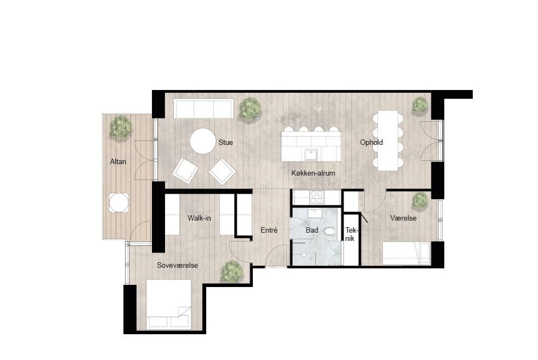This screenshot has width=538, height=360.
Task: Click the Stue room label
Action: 225,143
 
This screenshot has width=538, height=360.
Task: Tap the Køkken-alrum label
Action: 313,173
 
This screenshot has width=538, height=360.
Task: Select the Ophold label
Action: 371,143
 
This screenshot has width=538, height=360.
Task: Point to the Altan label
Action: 118,162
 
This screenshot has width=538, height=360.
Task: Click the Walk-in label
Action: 200,218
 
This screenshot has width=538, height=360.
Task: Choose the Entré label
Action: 269,230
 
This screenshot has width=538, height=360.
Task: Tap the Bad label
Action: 312,230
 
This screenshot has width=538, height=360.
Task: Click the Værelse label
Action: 403,218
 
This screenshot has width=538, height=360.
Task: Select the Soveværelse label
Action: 177,266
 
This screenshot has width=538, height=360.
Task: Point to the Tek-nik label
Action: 350,234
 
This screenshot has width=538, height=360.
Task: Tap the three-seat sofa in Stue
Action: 203,108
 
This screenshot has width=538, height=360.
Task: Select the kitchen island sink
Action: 312,154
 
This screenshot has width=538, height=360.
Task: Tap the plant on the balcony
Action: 121,127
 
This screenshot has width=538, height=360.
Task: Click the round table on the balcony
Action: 119,203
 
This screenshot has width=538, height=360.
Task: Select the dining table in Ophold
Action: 387,140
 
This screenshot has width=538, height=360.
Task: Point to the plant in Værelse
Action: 420,200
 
